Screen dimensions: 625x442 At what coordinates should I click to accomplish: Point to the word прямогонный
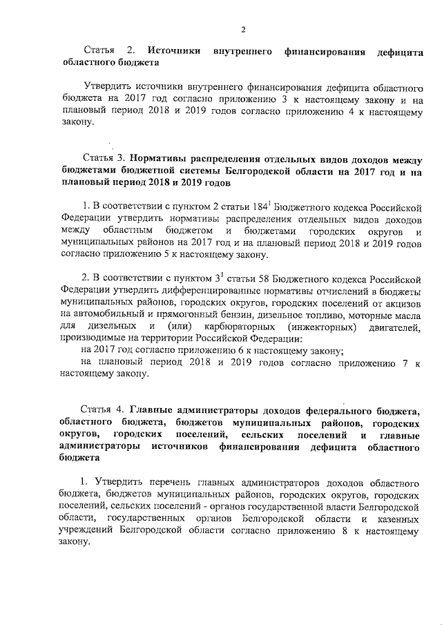(x=166, y=313)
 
